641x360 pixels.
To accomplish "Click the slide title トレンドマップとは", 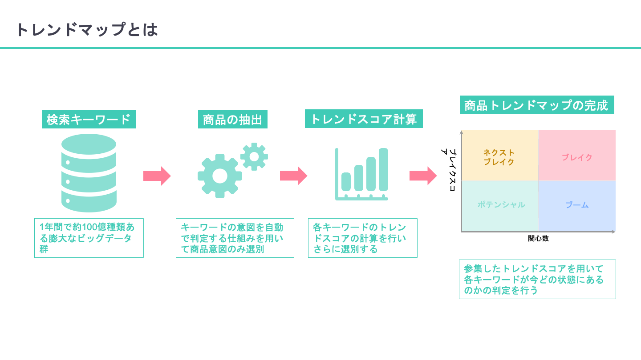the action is click(87, 29).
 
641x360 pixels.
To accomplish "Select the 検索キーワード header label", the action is click(89, 120).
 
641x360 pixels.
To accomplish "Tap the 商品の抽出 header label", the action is click(233, 120).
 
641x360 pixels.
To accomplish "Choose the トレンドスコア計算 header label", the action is click(364, 119).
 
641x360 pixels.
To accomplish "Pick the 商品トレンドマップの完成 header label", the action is click(537, 105).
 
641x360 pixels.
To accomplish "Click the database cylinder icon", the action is click(89, 173).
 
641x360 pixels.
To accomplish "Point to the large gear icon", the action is click(220, 176).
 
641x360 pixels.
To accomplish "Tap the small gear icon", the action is click(254, 156).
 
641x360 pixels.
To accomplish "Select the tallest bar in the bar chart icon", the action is click(383, 169).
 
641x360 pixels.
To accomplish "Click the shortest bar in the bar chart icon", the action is click(346, 182).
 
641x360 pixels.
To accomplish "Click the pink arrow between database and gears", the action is click(157, 176).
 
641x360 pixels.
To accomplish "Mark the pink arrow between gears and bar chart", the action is click(293, 176).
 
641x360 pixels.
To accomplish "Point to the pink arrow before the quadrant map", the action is click(423, 176).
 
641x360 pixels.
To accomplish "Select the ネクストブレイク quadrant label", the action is click(499, 157).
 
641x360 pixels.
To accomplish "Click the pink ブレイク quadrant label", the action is click(577, 157).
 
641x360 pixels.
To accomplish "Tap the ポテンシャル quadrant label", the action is click(501, 204).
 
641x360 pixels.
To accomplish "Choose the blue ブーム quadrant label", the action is click(577, 204).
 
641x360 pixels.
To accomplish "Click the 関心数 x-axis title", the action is click(538, 238).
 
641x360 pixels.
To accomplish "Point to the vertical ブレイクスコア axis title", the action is click(449, 170).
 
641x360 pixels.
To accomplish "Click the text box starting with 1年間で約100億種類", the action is click(89, 238).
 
